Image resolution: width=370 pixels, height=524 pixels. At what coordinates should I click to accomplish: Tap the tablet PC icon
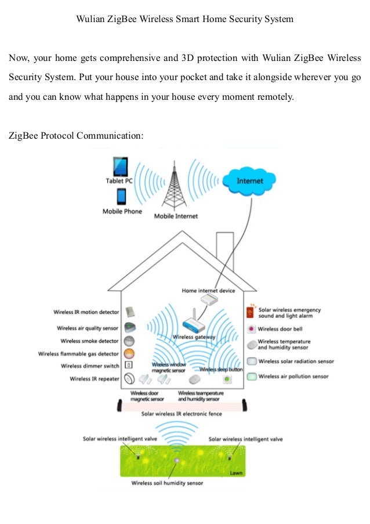pyautogui.click(x=119, y=167)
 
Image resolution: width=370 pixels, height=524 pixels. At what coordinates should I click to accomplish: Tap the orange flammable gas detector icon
pyautogui.click(x=130, y=353)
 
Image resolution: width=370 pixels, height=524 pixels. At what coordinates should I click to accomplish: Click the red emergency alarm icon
pyautogui.click(x=250, y=313)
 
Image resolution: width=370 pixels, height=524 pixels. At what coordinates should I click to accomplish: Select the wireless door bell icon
pyautogui.click(x=251, y=329)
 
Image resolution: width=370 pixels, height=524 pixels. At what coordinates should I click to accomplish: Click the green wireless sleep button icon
pyautogui.click(x=227, y=380)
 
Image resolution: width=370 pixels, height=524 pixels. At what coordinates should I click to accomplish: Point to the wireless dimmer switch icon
pyautogui.click(x=129, y=366)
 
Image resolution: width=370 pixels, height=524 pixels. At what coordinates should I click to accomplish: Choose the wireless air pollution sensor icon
pyautogui.click(x=251, y=377)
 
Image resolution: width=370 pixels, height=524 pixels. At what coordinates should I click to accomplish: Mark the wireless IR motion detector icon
pyautogui.click(x=130, y=312)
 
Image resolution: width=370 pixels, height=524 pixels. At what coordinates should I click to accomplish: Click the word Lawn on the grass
pyautogui.click(x=236, y=473)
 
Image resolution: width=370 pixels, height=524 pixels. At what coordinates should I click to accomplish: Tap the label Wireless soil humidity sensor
pyautogui.click(x=167, y=483)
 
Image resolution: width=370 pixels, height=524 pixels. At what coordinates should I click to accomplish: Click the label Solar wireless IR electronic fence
pyautogui.click(x=182, y=414)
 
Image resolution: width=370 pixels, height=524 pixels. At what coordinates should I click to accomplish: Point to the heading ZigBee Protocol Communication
pyautogui.click(x=75, y=136)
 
